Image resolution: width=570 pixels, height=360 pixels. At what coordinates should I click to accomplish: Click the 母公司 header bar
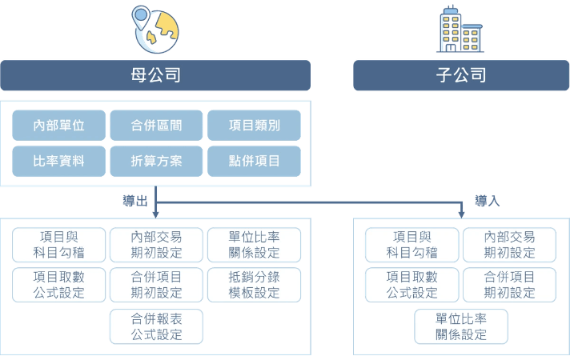click(155, 76)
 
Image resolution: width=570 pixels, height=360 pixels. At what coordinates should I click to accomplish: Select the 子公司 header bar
click(461, 76)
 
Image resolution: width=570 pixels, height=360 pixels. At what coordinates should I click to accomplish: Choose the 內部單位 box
click(58, 125)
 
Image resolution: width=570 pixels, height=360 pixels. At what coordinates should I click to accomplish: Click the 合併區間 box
click(156, 125)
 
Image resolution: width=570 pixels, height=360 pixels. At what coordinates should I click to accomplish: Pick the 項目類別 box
click(254, 125)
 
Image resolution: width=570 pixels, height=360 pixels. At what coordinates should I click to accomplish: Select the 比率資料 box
click(58, 161)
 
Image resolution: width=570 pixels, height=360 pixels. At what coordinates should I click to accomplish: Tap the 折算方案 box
click(156, 161)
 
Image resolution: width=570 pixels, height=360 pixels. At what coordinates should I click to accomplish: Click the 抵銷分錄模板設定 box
click(254, 284)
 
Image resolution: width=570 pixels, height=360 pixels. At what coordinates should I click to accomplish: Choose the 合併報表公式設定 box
click(156, 326)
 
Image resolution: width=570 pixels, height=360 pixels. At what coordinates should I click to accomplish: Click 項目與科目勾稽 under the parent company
click(58, 244)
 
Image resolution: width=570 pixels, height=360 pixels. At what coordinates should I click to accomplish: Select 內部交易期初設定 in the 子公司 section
click(509, 244)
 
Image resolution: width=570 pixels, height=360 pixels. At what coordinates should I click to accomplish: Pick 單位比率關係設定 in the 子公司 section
click(461, 326)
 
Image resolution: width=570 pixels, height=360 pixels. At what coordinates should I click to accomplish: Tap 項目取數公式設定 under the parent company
click(58, 284)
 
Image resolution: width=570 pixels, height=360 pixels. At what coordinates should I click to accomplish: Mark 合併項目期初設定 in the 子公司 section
click(509, 284)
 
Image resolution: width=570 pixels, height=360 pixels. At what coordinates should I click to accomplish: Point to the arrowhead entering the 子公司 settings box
click(461, 214)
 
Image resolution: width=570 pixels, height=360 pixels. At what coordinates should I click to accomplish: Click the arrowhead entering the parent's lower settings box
click(155, 214)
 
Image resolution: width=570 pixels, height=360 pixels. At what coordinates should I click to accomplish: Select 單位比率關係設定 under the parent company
click(254, 244)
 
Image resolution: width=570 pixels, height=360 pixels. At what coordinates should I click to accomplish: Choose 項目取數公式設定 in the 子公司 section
click(411, 284)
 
